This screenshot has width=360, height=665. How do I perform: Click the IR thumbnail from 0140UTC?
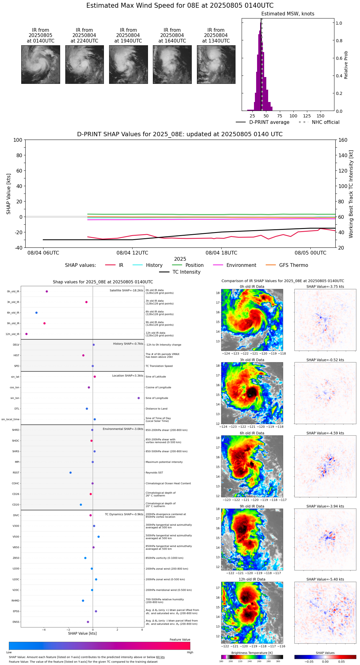pos(40,64)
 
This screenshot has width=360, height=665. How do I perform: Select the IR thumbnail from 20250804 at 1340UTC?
pos(216,64)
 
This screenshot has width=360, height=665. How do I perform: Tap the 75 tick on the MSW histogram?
pos(280,116)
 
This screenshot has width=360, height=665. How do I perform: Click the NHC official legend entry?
pos(325,122)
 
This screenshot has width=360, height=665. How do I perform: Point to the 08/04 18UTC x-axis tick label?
pos(221,253)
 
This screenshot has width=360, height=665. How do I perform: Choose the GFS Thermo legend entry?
pos(293,265)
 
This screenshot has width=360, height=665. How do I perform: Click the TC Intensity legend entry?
pos(186,272)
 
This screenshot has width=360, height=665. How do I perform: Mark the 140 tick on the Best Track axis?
pos(343,155)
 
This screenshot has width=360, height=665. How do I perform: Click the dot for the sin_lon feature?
pos(139,398)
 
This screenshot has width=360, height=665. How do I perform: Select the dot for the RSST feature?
pos(71,473)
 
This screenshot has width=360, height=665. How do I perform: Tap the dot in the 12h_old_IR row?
pos(27,334)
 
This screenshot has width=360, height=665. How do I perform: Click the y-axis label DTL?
pos(17,409)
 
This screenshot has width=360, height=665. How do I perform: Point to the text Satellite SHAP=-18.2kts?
pos(126,291)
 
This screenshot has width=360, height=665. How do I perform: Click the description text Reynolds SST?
pos(154,473)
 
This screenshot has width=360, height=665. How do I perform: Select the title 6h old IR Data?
pos(252,433)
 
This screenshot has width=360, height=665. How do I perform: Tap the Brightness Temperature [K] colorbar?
pos(252,657)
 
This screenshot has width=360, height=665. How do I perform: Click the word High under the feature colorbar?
pos(190,652)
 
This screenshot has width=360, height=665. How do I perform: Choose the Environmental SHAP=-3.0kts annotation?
pos(123,429)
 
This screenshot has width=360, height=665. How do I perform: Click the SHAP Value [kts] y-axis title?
pos(9,194)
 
